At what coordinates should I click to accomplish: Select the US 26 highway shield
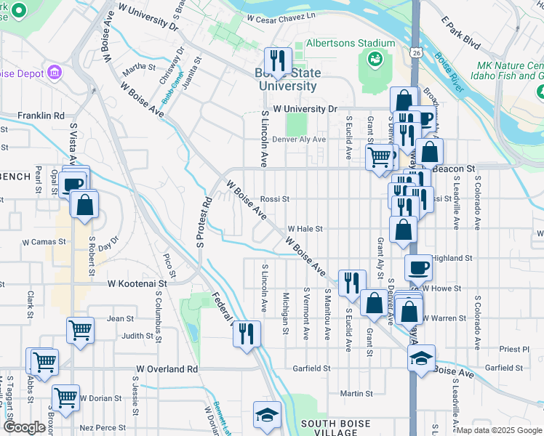pos(415,52)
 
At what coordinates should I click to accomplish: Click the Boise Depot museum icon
pos(54,73)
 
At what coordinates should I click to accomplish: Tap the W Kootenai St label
pos(137,284)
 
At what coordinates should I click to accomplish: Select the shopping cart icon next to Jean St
pos(80,330)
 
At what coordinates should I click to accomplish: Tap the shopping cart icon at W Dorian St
pos(65,397)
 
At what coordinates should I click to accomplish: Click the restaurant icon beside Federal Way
pos(247,334)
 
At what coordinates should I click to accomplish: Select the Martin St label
pos(356,393)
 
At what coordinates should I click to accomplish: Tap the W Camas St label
pos(44,241)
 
